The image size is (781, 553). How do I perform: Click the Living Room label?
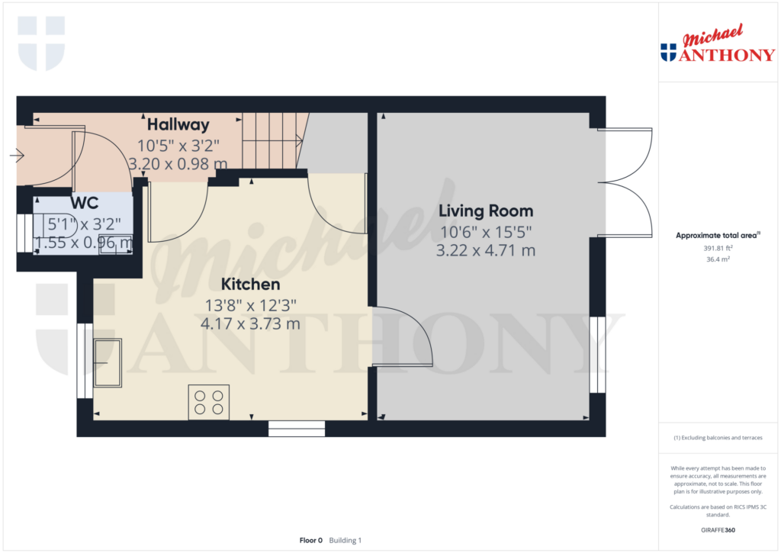[x=485, y=211]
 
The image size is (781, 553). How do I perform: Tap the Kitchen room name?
[x=250, y=285]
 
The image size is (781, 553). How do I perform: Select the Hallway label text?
[x=178, y=124]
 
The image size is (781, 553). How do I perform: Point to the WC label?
[x=84, y=204]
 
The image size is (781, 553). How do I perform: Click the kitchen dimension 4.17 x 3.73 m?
[x=250, y=323]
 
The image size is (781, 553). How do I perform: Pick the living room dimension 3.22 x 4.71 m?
[x=485, y=250]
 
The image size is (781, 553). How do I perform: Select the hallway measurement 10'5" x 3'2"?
[x=178, y=144]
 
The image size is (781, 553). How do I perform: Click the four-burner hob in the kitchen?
[x=209, y=403]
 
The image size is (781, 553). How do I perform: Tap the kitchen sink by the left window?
[x=108, y=362]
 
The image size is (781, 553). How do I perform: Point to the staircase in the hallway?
[x=271, y=140]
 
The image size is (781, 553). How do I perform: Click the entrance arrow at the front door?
[x=17, y=156]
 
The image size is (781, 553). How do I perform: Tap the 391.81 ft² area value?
[x=717, y=248]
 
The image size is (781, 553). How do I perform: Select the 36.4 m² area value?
[x=717, y=259]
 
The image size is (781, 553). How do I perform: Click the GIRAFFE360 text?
[x=717, y=529]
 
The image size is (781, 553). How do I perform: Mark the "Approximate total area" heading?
[x=717, y=236]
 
